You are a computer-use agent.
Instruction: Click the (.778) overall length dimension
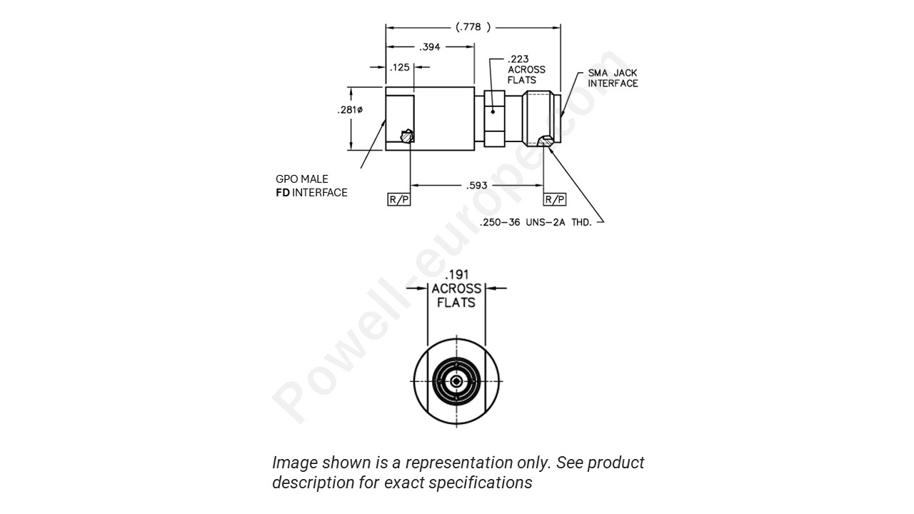(473, 27)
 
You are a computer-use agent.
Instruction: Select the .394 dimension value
(431, 47)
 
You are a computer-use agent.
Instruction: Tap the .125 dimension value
(401, 67)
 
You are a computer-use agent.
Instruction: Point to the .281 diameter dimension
(350, 110)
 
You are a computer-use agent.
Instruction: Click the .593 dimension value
(476, 186)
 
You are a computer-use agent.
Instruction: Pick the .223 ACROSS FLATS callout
(526, 69)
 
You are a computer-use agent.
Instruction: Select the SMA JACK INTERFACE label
(613, 79)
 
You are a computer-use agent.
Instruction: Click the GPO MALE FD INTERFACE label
(311, 186)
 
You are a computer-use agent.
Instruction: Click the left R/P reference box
(399, 199)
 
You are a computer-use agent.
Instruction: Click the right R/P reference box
(555, 199)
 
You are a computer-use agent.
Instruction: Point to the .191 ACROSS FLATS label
(456, 288)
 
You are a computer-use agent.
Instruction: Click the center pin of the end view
(456, 381)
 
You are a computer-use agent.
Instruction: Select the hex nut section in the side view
(495, 119)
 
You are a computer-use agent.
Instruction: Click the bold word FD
(283, 193)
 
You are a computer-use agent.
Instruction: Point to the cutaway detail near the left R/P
(407, 136)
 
